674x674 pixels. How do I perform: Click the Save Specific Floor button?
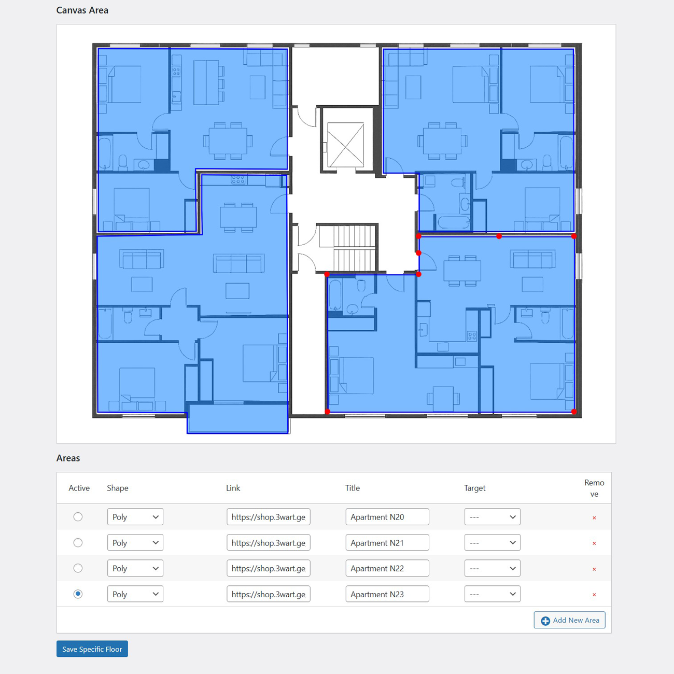(x=92, y=649)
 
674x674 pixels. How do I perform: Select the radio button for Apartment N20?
(x=78, y=517)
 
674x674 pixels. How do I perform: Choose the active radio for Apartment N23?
(x=78, y=594)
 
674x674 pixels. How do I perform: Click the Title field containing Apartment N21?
(x=387, y=543)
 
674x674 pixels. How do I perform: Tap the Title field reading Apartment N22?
(x=387, y=568)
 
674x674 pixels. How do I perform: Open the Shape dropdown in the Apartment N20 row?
(x=135, y=517)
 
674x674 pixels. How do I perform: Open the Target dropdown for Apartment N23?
(x=492, y=594)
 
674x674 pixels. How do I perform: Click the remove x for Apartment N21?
(x=594, y=543)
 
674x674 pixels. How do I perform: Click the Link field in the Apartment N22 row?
(x=268, y=568)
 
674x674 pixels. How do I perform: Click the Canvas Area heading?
(x=82, y=10)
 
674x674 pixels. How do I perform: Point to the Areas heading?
(x=68, y=458)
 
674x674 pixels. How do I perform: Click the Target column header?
(x=474, y=488)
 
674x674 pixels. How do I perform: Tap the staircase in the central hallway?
(x=347, y=248)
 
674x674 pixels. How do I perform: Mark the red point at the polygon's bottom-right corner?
(x=574, y=412)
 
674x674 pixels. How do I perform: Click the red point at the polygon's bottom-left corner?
(x=327, y=412)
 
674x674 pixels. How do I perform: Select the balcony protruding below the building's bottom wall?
(x=237, y=419)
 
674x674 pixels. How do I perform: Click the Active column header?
(x=79, y=488)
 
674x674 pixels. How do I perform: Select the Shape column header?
(x=118, y=488)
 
